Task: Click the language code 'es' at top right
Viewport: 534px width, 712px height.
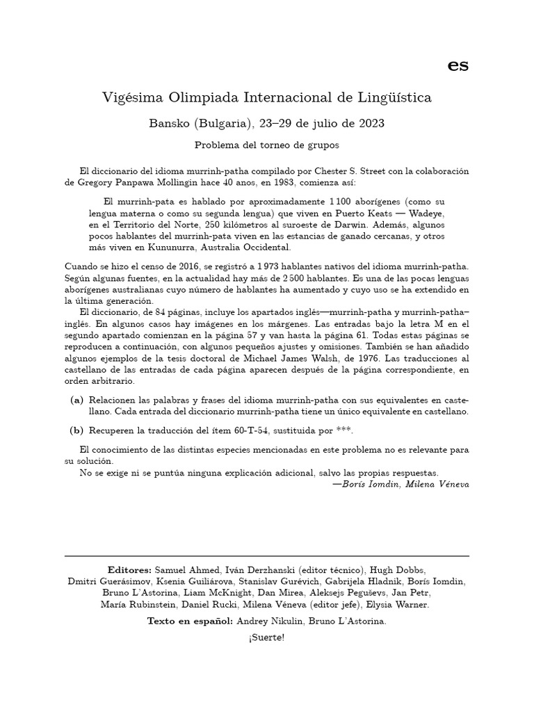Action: click(x=458, y=65)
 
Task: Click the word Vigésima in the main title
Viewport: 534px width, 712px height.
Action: click(x=131, y=98)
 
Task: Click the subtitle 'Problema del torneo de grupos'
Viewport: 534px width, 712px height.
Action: click(x=266, y=147)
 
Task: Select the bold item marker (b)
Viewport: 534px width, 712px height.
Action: click(x=76, y=430)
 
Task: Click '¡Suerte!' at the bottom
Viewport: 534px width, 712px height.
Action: click(x=266, y=638)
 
